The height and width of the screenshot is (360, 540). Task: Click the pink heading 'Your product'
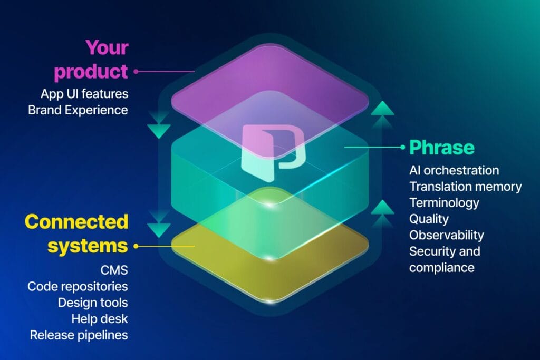click(91, 60)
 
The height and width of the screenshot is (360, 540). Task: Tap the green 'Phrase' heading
click(442, 148)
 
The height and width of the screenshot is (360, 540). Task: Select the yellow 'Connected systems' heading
click(76, 234)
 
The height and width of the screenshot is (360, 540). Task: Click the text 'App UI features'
click(84, 94)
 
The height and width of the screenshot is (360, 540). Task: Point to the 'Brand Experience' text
click(78, 110)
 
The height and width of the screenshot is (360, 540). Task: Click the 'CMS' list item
click(114, 270)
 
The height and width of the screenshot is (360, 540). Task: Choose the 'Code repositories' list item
click(78, 286)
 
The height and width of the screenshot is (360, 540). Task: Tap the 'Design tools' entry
click(93, 303)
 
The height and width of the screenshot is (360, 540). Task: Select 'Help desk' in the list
click(100, 319)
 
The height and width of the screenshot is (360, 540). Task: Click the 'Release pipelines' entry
click(79, 335)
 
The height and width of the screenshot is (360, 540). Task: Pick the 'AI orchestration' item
click(454, 170)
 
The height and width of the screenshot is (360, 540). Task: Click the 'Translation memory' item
click(465, 187)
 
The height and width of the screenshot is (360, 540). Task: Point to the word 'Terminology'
click(444, 203)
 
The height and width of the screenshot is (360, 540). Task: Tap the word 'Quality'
click(429, 219)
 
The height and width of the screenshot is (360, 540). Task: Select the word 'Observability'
click(446, 235)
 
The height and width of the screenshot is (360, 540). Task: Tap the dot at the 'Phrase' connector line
click(402, 147)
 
